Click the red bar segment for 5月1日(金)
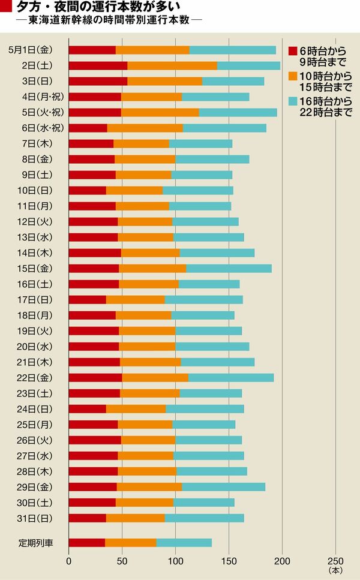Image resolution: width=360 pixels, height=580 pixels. tap(92, 50)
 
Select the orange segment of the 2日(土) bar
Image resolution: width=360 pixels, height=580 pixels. tap(172, 65)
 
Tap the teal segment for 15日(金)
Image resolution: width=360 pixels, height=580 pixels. tap(229, 268)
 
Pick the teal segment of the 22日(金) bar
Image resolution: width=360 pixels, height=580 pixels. tap(231, 377)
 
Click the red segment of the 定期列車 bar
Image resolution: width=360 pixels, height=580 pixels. tap(87, 543)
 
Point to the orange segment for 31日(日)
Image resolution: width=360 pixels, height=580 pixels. tap(136, 518)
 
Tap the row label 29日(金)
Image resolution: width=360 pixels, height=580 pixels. tap(37, 486)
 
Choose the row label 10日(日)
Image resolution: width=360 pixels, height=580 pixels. tap(37, 190)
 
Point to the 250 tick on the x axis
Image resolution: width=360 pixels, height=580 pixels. tap(335, 561)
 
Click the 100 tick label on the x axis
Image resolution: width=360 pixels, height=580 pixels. tap(175, 561)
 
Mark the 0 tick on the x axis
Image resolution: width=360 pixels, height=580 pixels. tap(69, 561)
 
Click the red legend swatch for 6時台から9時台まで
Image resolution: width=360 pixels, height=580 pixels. tap(293, 50)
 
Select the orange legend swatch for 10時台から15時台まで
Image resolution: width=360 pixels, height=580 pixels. tap(293, 76)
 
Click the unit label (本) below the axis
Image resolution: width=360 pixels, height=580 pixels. tap(335, 571)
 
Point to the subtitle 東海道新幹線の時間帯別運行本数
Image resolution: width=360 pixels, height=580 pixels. tap(109, 20)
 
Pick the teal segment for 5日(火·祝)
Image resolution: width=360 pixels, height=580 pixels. tap(238, 112)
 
